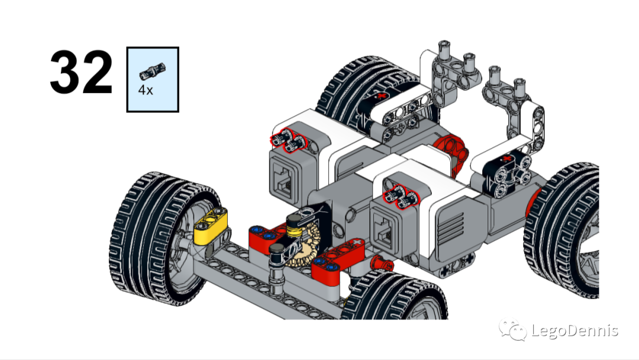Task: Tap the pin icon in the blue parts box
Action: pyautogui.click(x=152, y=71)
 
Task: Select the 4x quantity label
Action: pyautogui.click(x=146, y=91)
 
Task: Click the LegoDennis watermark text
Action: pyautogui.click(x=575, y=330)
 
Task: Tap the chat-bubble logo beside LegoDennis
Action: pyautogui.click(x=512, y=330)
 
